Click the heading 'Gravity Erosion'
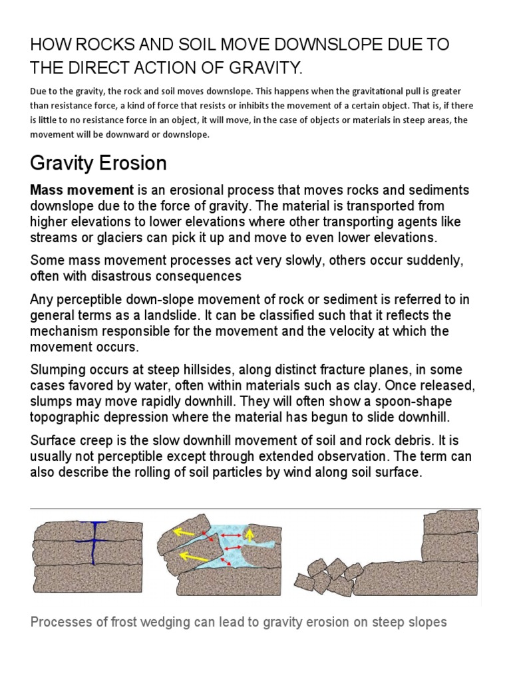coord(98,163)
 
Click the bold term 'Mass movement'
coord(73,191)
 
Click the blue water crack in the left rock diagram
coord(94,542)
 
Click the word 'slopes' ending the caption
coord(426,623)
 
